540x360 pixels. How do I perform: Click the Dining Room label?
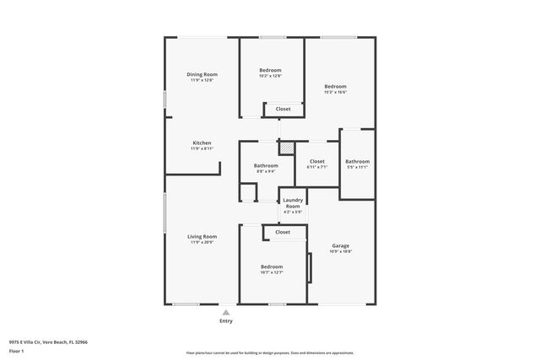click(x=201, y=74)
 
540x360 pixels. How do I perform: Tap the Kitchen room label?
click(x=202, y=142)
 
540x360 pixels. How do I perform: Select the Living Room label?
click(x=202, y=236)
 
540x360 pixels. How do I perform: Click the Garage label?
click(x=340, y=245)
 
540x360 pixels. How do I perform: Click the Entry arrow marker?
click(x=225, y=312)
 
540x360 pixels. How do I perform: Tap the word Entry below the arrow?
click(x=225, y=321)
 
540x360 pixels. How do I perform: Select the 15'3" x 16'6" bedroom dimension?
click(x=335, y=93)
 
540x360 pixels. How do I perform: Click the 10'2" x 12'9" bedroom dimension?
click(x=270, y=76)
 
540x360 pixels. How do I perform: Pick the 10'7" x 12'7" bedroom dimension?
click(x=272, y=272)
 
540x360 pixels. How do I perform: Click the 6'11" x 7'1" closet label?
click(x=317, y=167)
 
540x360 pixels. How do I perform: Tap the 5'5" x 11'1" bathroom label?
click(x=357, y=167)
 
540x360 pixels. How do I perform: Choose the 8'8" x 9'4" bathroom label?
click(x=266, y=171)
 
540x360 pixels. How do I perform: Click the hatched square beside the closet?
click(x=288, y=148)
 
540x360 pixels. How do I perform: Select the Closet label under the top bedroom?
click(x=283, y=109)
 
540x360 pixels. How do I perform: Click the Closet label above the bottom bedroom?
click(x=283, y=232)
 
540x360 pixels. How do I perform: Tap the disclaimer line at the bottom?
click(x=270, y=353)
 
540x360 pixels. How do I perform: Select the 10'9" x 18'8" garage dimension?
click(x=340, y=251)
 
